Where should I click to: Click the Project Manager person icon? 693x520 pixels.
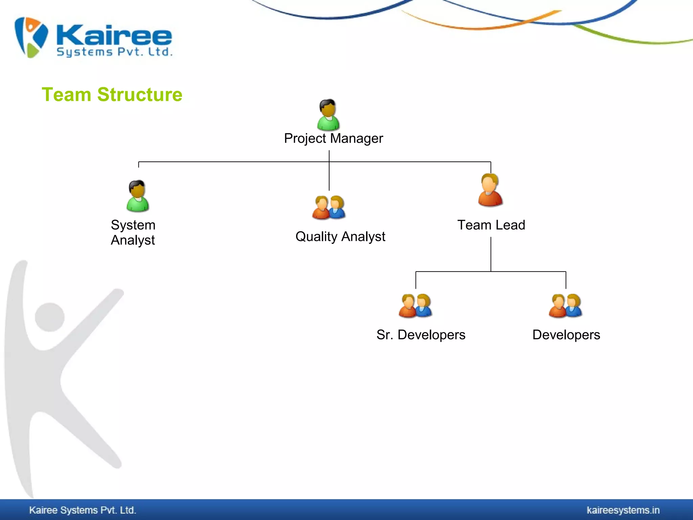click(x=328, y=115)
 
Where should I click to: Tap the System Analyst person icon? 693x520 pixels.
click(x=137, y=196)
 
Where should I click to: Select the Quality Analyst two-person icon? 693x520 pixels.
click(x=329, y=207)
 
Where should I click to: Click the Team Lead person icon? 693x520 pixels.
click(x=490, y=190)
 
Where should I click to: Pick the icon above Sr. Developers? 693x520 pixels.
click(x=415, y=305)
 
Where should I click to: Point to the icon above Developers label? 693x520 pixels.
click(x=565, y=305)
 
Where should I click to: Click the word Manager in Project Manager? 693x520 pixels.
click(x=356, y=138)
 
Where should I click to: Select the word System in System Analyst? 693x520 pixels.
click(x=133, y=225)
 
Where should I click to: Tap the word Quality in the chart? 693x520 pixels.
click(x=316, y=237)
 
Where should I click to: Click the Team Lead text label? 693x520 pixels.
click(x=491, y=225)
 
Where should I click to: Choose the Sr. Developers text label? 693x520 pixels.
click(x=421, y=335)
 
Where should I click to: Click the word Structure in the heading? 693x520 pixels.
click(x=140, y=94)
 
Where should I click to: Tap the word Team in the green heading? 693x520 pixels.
click(x=66, y=94)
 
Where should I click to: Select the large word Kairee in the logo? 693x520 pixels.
click(x=114, y=35)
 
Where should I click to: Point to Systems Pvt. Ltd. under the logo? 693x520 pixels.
click(x=114, y=52)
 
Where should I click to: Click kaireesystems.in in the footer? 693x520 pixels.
click(x=623, y=510)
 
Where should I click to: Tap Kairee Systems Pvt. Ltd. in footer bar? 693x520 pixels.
click(x=83, y=510)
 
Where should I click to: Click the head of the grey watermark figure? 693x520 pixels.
click(x=50, y=317)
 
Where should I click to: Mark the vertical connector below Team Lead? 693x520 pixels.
click(x=491, y=254)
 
